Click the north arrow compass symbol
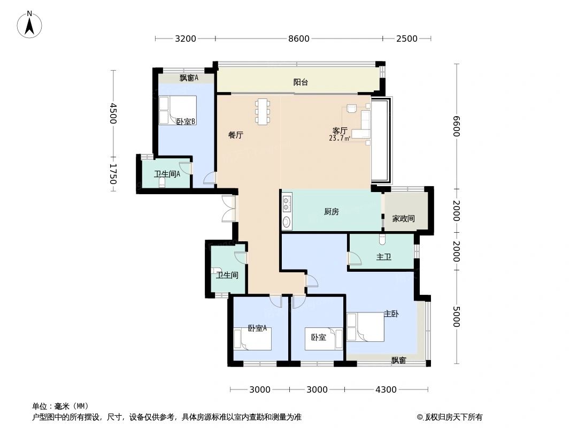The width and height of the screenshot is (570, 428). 29,24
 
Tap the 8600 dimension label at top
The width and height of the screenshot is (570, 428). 299,39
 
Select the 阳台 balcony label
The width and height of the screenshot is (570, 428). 301,82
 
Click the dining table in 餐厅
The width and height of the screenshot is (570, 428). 261,112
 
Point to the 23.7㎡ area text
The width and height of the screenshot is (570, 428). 340,138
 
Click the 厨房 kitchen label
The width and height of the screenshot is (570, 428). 331,212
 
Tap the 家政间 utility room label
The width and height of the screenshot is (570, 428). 403,219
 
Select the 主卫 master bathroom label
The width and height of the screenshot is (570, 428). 383,257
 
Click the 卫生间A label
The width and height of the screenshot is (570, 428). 167,174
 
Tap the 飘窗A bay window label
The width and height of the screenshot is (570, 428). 188,78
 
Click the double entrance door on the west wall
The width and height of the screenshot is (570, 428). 229,209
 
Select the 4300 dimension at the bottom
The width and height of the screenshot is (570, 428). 386,389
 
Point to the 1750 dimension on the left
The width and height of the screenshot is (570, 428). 112,174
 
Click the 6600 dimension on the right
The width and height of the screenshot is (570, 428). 456,126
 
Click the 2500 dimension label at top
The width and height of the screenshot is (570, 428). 406,39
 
